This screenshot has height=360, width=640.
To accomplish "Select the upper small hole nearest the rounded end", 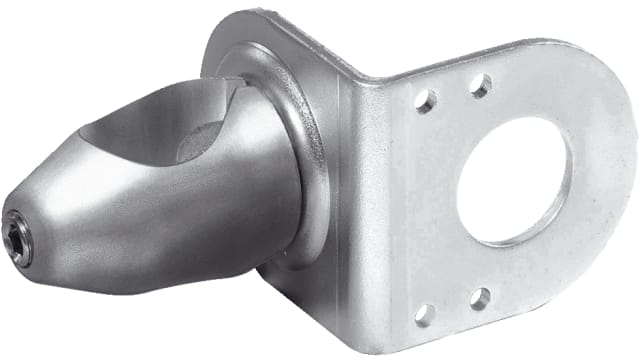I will [x=481, y=86].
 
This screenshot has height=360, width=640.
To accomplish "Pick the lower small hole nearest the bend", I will [x=426, y=310].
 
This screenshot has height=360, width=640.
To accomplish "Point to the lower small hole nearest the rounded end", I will [x=480, y=297].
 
